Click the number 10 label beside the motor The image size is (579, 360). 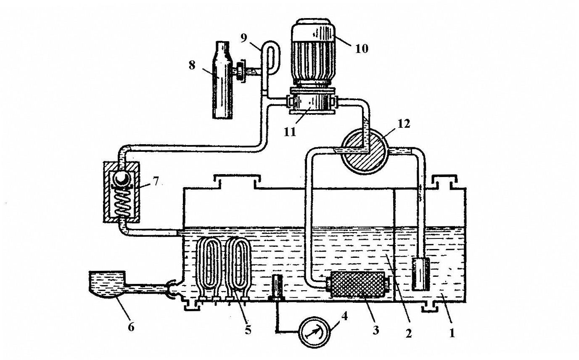361,49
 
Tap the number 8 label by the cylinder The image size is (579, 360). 192,66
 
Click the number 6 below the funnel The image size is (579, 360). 131,326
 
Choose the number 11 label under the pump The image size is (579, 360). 290,132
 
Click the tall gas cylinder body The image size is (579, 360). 222,80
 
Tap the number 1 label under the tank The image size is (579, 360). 452,334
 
